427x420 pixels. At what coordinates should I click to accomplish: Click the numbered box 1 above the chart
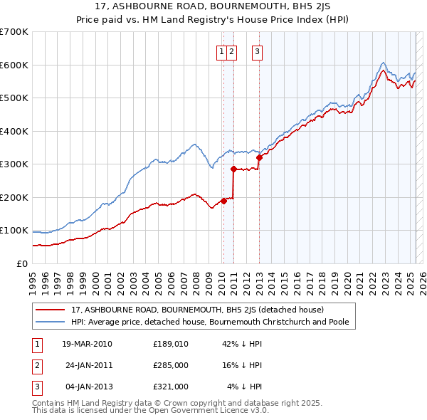[222, 51]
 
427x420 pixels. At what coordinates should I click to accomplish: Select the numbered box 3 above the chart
[257, 51]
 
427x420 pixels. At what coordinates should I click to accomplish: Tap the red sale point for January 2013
[259, 158]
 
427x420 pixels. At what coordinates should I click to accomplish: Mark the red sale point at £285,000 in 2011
[233, 169]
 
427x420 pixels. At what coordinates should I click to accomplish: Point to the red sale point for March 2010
[223, 201]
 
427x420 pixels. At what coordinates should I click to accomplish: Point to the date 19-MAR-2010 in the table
[86, 344]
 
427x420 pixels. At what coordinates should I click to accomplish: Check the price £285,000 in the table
[171, 365]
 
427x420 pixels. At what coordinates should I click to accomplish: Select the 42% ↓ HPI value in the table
[243, 344]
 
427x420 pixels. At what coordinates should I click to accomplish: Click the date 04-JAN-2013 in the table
[86, 387]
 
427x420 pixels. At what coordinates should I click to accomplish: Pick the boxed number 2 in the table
[36, 365]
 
